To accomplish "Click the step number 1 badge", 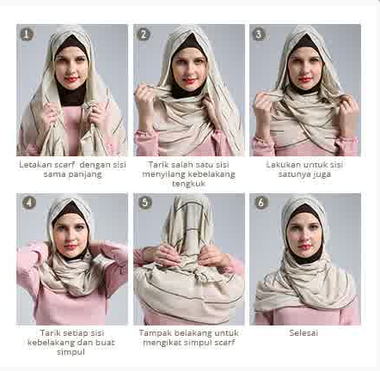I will (x=28, y=34).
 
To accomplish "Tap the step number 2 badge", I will (x=144, y=34).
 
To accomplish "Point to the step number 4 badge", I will (x=28, y=204).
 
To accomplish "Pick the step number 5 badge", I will (x=144, y=204).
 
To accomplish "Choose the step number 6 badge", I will (x=260, y=204).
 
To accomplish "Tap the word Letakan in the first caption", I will (x=34, y=163).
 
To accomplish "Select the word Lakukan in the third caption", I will (x=282, y=163).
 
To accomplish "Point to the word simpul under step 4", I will (x=72, y=351).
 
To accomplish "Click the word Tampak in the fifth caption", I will (x=154, y=332).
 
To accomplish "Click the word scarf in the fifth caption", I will (x=221, y=342).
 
